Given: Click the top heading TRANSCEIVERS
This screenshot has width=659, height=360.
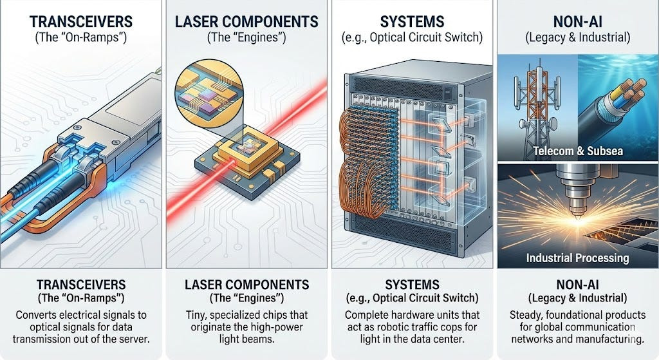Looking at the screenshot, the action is coord(81,22).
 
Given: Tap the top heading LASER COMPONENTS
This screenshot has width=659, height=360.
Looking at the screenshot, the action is coord(246,22).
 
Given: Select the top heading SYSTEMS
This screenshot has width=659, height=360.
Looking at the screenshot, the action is coord(412,22).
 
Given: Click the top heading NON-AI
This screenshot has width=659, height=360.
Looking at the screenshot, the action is coord(578,22).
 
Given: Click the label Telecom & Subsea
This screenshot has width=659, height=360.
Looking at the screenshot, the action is coord(578,151).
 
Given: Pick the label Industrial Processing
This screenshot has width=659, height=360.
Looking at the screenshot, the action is coord(577,258).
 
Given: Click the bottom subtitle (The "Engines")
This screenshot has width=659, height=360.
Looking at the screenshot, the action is coord(246,298).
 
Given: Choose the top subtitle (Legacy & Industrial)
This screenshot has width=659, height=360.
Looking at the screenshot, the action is coord(578,37).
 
